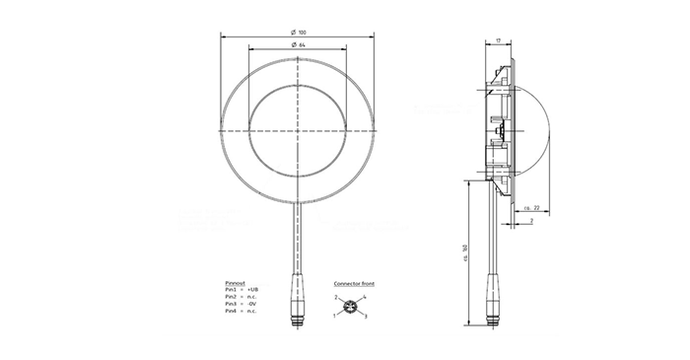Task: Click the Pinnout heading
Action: tap(237, 282)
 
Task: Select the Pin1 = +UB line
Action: tap(241, 289)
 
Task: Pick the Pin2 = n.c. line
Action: tap(241, 297)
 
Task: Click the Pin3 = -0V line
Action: tap(241, 304)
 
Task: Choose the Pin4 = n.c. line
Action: tap(241, 312)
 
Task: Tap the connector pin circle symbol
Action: tap(351, 305)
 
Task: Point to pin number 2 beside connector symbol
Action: tap(336, 297)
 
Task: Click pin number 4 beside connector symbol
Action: tap(366, 297)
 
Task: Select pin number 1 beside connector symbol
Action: tap(336, 316)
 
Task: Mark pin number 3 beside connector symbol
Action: tap(366, 316)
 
